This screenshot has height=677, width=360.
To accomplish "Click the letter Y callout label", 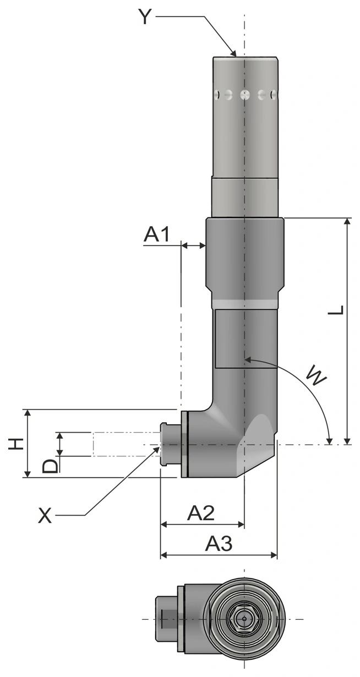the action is click(145, 17).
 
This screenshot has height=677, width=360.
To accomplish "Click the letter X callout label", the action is click(45, 515).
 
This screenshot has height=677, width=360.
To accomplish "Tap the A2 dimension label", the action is click(201, 512).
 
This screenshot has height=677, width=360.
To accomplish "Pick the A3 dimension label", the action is click(219, 543).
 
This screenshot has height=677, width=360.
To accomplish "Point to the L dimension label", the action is click(336, 310).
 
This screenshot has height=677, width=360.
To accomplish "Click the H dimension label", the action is click(16, 444).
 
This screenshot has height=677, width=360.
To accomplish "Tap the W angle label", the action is click(317, 377).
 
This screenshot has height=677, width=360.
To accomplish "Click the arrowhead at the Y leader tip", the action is click(233, 53).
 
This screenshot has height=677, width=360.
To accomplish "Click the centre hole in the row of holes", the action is click(244, 95).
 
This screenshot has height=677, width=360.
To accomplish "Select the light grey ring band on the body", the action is click(244, 304).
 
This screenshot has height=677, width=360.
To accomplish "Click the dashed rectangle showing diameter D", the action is click(127, 444).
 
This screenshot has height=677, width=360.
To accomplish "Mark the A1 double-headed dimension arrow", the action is click(193, 246).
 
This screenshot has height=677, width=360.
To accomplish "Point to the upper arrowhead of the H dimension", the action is click(28, 413).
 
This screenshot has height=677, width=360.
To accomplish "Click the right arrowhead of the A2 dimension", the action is click(241, 524).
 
